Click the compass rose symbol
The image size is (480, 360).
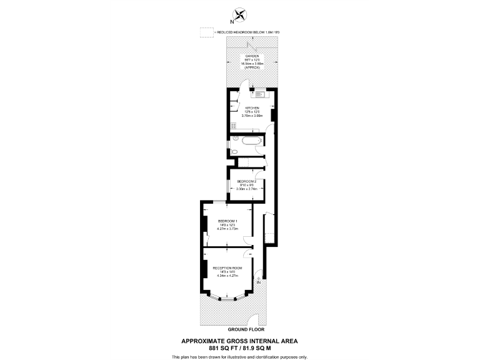240,13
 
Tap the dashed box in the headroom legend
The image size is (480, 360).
206,32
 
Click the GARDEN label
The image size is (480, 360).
252,56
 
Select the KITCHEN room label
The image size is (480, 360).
252,107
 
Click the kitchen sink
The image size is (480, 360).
260,95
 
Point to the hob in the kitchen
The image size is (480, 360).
232,126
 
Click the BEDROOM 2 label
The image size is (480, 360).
247,181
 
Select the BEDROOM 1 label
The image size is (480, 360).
227,221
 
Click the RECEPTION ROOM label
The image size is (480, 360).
227,267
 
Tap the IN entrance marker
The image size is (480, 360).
257,282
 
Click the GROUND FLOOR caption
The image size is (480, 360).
246,329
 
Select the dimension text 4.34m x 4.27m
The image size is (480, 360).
227,276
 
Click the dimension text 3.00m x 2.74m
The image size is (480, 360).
247,188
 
